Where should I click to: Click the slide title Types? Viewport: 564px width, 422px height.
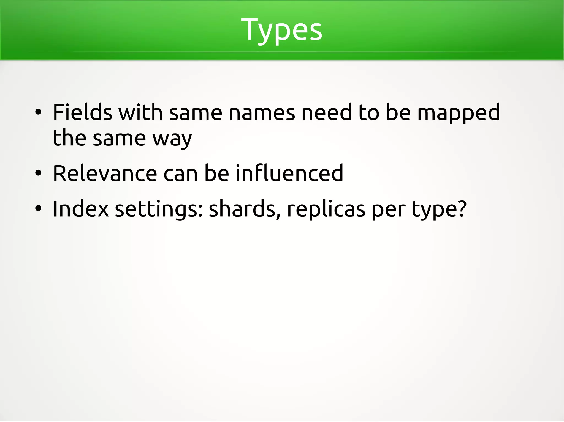click(281, 30)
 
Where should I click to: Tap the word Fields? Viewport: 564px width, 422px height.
click(82, 112)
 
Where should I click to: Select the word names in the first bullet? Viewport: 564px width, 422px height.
click(262, 112)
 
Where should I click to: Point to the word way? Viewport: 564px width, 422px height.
click(172, 139)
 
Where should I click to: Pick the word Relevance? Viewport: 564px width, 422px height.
click(105, 173)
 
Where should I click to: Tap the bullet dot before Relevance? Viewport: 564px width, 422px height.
click(38, 173)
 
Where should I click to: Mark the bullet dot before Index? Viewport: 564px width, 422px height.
click(38, 209)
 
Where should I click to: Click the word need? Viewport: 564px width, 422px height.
click(327, 112)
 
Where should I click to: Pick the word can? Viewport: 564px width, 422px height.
click(181, 174)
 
